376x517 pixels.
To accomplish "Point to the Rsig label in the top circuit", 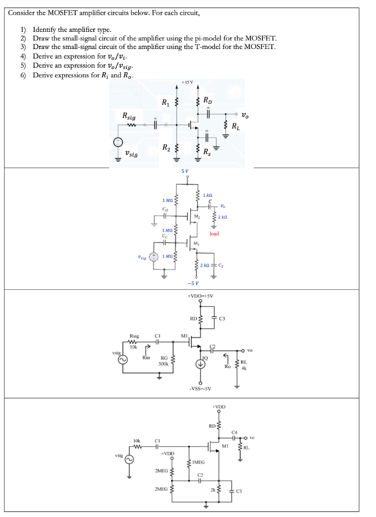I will point(132,117).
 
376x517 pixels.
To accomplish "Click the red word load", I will point(214,234).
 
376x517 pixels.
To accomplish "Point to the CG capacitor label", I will point(165,208).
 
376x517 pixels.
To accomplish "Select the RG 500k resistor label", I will point(163,360).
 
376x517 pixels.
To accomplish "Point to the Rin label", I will point(146,357).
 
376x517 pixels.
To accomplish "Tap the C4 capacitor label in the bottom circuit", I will point(233,432).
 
